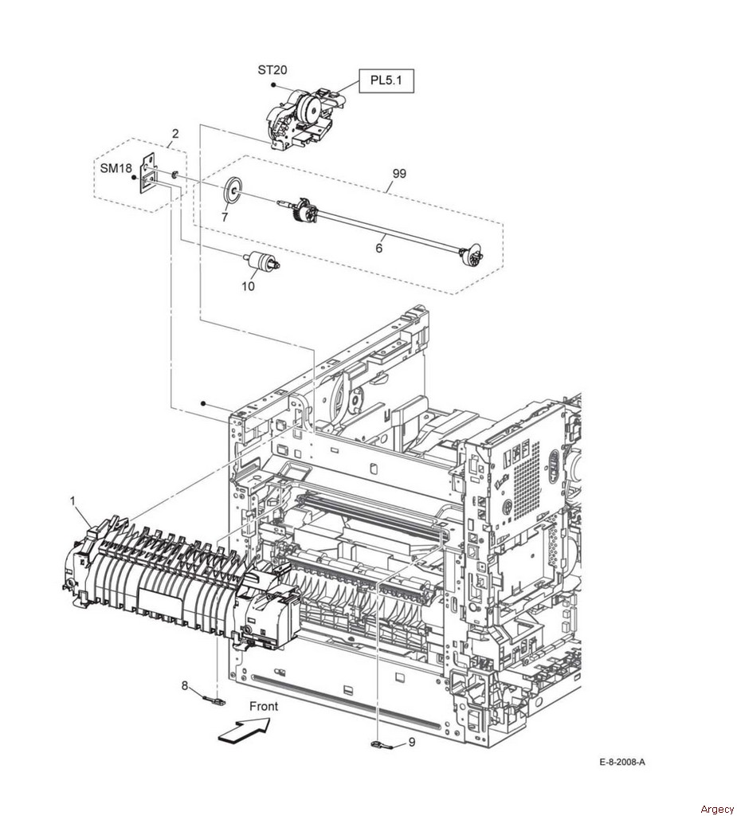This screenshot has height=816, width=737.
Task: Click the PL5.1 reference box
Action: [x=386, y=80]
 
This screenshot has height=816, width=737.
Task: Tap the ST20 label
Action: [x=272, y=70]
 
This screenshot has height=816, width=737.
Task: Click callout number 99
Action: [x=399, y=174]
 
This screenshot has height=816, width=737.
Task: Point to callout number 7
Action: [x=225, y=218]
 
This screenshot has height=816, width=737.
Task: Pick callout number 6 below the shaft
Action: [x=378, y=248]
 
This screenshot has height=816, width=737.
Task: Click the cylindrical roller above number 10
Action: [x=261, y=261]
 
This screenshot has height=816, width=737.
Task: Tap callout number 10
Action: [x=249, y=286]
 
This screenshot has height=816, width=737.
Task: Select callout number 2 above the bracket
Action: [x=175, y=134]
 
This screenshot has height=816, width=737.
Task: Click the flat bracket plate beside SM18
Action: [x=148, y=173]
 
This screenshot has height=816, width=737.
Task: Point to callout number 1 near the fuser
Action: [x=73, y=500]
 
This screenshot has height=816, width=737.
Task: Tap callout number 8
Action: [x=184, y=685]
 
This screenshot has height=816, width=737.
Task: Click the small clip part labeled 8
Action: [x=216, y=701]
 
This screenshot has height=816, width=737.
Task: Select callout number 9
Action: [x=412, y=742]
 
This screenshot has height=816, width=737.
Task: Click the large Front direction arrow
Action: [x=244, y=728]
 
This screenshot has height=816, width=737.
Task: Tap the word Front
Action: [x=264, y=706]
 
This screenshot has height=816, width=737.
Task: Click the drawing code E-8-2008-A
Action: [x=622, y=763]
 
